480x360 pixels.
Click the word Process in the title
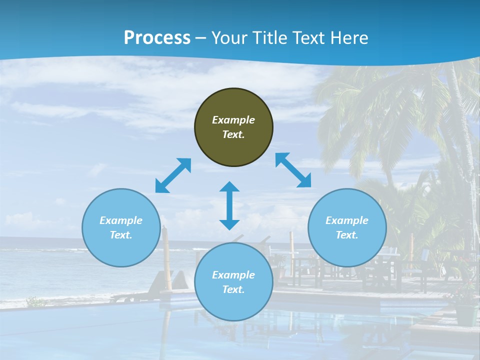coord(157,38)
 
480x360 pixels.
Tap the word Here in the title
coord(348,38)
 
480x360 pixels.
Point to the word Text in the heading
coord(307,38)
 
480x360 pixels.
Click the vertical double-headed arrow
coord(229,205)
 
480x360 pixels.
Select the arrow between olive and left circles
coord(173,175)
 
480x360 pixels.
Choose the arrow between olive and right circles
coord(293,170)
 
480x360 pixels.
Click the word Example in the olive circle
coord(233,120)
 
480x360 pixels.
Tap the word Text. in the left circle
coord(121,235)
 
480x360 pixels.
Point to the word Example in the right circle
coord(347,220)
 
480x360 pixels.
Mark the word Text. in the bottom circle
coord(233,289)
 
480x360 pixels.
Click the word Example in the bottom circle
coord(233,275)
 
